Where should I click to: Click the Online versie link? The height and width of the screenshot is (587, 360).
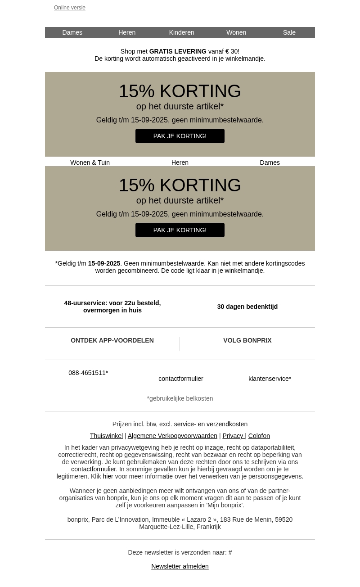point(70,8)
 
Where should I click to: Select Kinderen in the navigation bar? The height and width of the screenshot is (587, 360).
point(181,32)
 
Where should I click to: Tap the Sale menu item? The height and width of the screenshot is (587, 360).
point(289,32)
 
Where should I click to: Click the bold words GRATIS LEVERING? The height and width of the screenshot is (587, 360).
point(178,51)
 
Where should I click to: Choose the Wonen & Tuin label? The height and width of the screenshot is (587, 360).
point(90,163)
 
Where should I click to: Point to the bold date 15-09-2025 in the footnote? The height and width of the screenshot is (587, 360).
point(104,263)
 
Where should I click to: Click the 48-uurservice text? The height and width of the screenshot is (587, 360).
point(112,307)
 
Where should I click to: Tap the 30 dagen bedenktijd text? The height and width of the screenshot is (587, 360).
point(247,307)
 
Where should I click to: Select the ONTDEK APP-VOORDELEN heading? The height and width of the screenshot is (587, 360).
point(112,340)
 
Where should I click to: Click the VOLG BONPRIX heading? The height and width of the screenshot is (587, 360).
point(247,340)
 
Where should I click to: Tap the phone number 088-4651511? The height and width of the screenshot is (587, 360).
point(88,373)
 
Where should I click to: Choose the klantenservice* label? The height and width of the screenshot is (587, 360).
point(270,379)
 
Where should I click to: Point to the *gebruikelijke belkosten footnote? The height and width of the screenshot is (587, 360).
point(180,398)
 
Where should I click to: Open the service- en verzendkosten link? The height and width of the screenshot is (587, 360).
point(211,424)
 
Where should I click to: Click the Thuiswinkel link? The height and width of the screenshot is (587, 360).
point(106,436)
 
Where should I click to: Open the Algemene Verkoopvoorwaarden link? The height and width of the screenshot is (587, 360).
point(172,436)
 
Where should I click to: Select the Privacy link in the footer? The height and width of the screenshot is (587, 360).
point(233,436)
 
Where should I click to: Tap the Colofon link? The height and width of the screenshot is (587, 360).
point(259,436)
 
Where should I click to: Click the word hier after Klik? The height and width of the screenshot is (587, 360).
point(108,476)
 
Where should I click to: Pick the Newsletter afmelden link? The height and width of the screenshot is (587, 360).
point(180,566)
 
